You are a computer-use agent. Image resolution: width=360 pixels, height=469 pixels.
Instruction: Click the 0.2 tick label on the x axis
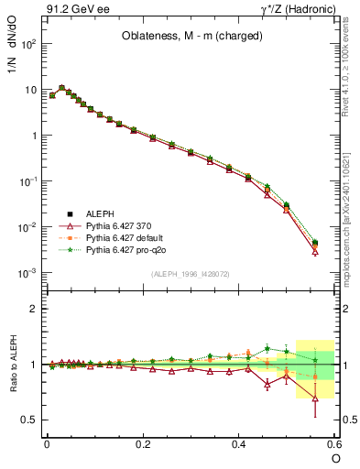pos(142,444)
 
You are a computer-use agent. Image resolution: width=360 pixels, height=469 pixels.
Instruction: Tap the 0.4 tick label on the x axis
pos(238,444)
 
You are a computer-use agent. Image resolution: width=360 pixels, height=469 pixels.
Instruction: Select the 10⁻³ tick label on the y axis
pos(29,273)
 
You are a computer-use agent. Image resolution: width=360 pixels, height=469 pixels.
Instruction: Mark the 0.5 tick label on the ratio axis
pos(32,420)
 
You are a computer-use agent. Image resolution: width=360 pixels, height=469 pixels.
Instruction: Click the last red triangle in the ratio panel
pos(315,398)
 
